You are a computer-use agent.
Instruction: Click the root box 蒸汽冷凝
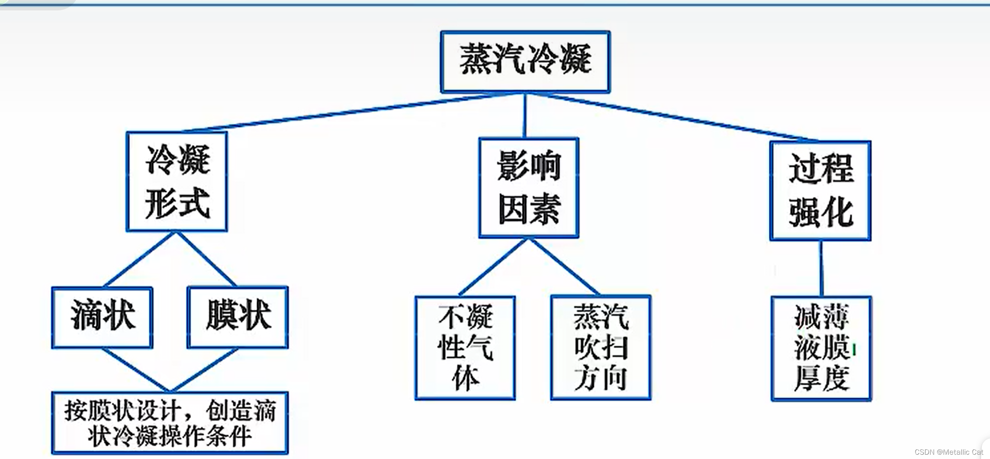click(525, 61)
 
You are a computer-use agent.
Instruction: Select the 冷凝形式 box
click(177, 182)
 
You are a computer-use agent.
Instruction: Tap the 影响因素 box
click(529, 188)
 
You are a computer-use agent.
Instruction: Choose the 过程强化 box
click(820, 191)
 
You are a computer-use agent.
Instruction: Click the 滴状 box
click(102, 317)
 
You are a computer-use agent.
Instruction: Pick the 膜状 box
click(238, 317)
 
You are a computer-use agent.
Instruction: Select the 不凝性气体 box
click(465, 348)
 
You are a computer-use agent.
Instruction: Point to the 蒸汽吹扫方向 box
click(601, 348)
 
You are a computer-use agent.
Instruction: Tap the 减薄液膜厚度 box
click(821, 348)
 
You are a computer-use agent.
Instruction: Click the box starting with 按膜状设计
click(170, 423)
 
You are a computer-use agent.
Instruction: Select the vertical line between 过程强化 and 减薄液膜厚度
click(821, 268)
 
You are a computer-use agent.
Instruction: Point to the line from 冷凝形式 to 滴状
click(139, 260)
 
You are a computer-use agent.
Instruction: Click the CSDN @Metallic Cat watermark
click(948, 452)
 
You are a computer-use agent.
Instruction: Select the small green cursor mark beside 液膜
click(854, 350)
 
